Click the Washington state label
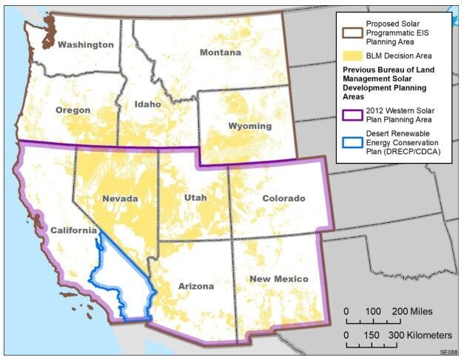[x=86, y=44]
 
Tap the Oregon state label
[x=73, y=110]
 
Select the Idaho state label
[x=148, y=104]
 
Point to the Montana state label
[x=220, y=53]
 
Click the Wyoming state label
[x=249, y=126]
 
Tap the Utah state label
[x=196, y=199]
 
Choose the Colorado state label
[x=283, y=199]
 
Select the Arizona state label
[x=195, y=286]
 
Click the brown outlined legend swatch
[x=350, y=30]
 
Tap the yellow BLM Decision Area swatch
[x=350, y=54]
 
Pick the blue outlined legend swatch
[x=350, y=142]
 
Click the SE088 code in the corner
[x=448, y=353]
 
